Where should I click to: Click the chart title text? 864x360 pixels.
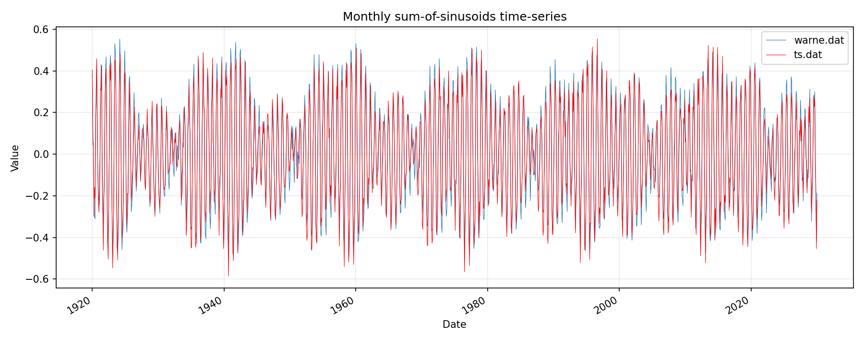point(455,17)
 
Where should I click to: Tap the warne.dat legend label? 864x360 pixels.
point(819,40)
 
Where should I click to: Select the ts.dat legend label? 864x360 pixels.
point(808,55)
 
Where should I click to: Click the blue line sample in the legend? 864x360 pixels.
point(776,40)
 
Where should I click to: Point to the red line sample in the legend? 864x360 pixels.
point(776,55)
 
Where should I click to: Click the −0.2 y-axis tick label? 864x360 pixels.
point(38,196)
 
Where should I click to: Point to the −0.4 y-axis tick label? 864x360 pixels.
point(38,238)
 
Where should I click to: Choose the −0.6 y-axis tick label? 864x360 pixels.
point(38,279)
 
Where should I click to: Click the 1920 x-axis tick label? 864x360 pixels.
point(79,306)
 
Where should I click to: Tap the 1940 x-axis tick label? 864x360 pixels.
point(211,306)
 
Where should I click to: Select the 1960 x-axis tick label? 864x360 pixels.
point(343,306)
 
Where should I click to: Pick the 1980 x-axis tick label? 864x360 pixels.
point(475,306)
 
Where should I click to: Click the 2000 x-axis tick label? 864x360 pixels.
point(606,306)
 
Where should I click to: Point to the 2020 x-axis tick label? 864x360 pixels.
point(738,306)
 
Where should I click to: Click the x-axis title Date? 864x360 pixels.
point(454,325)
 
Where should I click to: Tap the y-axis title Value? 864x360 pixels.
point(15,158)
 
